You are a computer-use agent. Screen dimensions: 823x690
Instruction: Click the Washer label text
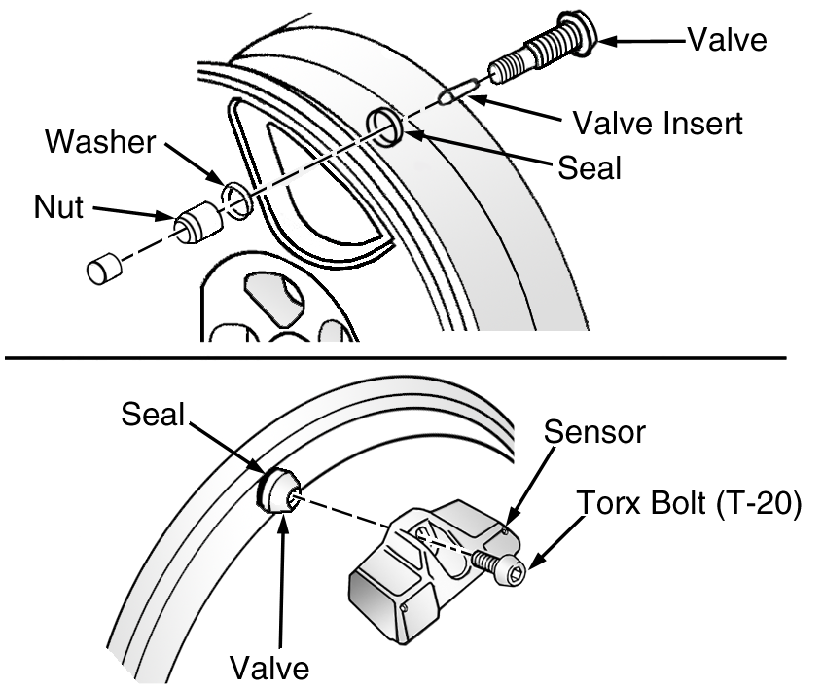(100, 142)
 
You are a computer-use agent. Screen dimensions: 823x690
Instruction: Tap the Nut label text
(58, 207)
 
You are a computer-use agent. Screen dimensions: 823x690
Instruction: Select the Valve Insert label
(658, 123)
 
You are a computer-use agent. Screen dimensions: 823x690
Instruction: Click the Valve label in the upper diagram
(727, 39)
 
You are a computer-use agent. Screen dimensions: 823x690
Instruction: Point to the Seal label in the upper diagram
(590, 167)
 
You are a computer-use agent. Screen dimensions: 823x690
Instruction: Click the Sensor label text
(594, 432)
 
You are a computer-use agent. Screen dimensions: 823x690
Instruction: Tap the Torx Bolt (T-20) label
(689, 502)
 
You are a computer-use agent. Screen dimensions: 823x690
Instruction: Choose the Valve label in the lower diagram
(269, 668)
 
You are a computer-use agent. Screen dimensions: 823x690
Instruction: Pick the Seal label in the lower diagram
(153, 414)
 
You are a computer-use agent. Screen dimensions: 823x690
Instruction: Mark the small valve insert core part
(457, 91)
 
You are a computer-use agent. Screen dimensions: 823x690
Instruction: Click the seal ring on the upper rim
(384, 127)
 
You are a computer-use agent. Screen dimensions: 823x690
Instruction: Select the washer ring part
(237, 200)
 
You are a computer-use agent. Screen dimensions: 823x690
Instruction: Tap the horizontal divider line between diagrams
(396, 358)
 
